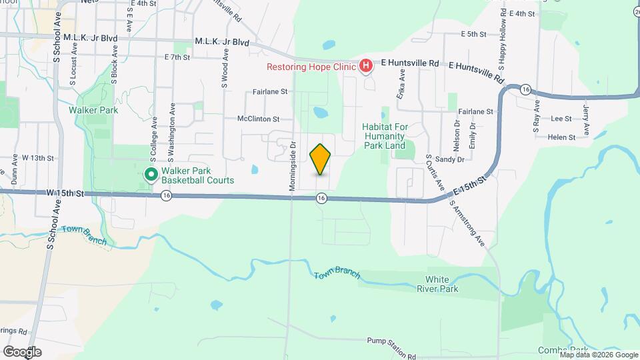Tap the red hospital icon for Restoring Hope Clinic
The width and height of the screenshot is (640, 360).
[x=365, y=66]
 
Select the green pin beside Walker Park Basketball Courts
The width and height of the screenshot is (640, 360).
[x=151, y=175]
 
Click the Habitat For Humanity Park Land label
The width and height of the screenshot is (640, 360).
[x=393, y=136]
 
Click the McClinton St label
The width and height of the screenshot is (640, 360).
[x=258, y=119]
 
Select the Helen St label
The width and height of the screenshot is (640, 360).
[x=562, y=137]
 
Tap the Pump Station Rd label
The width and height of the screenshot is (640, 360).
[x=391, y=340]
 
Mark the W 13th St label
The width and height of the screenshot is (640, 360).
[x=37, y=158]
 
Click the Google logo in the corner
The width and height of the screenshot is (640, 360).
[x=22, y=351]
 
